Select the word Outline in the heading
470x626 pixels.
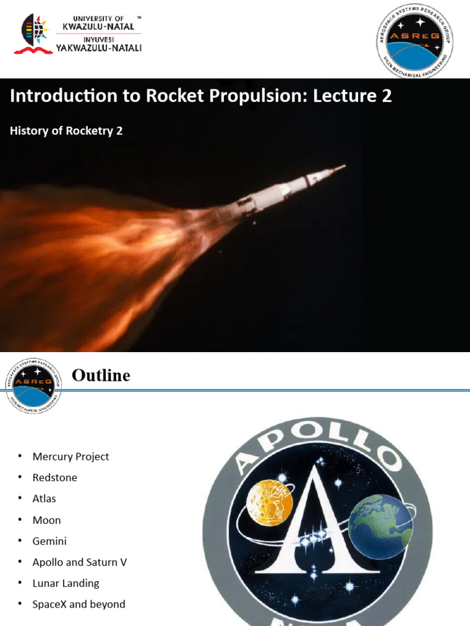point(101,375)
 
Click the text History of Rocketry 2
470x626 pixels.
point(66,130)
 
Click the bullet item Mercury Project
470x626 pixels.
point(70,457)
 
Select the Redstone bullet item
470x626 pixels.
point(54,477)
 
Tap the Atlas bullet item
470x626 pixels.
point(44,499)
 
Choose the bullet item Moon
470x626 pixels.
point(47,520)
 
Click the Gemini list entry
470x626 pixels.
point(50,541)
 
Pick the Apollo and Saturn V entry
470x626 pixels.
point(80,562)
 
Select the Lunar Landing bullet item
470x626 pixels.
point(65,583)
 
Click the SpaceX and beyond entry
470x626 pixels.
point(78,604)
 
